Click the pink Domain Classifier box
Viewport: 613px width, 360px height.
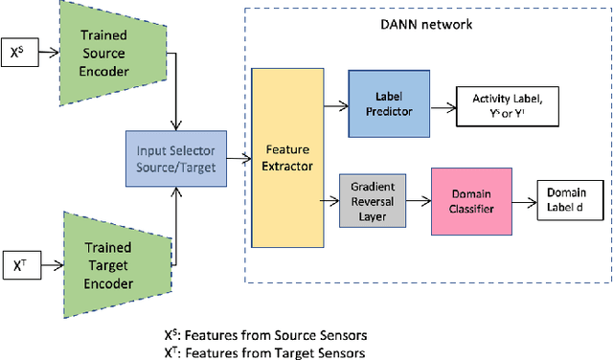(470, 202)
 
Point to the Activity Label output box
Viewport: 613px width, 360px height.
(511, 102)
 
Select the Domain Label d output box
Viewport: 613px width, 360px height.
(571, 202)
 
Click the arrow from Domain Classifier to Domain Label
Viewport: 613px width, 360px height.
(520, 202)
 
